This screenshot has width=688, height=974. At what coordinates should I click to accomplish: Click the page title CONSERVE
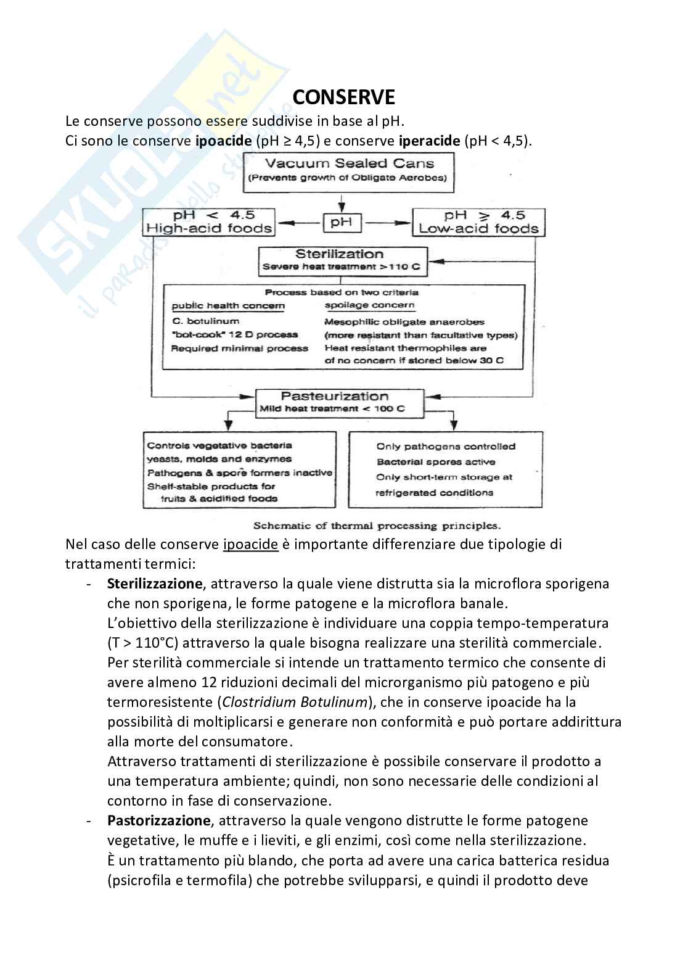point(343,97)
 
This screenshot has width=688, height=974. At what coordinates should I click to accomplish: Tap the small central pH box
point(341,222)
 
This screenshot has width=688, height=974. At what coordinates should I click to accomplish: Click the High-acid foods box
point(209,222)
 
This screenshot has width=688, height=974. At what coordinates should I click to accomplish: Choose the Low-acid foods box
point(478,222)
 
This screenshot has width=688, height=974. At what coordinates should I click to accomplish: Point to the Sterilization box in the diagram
point(343,260)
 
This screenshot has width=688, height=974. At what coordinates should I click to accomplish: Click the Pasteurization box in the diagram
point(340,402)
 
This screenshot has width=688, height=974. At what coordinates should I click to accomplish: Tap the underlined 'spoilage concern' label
point(369,305)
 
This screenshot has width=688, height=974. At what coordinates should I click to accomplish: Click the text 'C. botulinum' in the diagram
point(205,321)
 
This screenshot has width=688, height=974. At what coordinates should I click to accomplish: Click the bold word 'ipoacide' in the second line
point(223,141)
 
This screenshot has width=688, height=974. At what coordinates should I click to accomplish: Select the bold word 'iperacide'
point(429,141)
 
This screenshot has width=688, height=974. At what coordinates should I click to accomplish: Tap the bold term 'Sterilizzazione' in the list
point(154,584)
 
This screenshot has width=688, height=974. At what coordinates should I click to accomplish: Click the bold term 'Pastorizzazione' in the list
point(158,820)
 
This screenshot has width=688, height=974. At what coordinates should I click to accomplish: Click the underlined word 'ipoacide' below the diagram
point(250,545)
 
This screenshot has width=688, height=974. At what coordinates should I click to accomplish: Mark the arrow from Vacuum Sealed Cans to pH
point(341,202)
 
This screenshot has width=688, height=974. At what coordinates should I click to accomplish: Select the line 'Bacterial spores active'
point(436,462)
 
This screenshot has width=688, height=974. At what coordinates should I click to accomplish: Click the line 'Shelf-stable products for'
point(211,486)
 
